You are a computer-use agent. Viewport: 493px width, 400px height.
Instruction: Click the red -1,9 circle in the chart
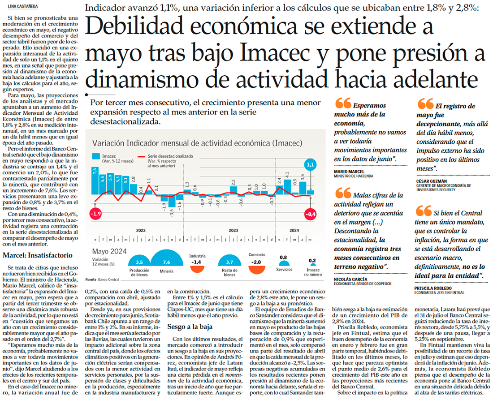point(95,214)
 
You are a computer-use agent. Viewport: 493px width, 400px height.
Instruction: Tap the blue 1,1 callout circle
point(310,165)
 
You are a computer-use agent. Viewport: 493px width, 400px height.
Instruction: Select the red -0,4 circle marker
point(311,214)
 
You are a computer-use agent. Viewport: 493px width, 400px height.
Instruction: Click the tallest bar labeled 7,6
point(95,181)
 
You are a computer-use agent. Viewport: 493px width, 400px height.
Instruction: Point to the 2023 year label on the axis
point(233,230)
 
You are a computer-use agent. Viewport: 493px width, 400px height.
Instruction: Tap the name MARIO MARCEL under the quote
point(349,171)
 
